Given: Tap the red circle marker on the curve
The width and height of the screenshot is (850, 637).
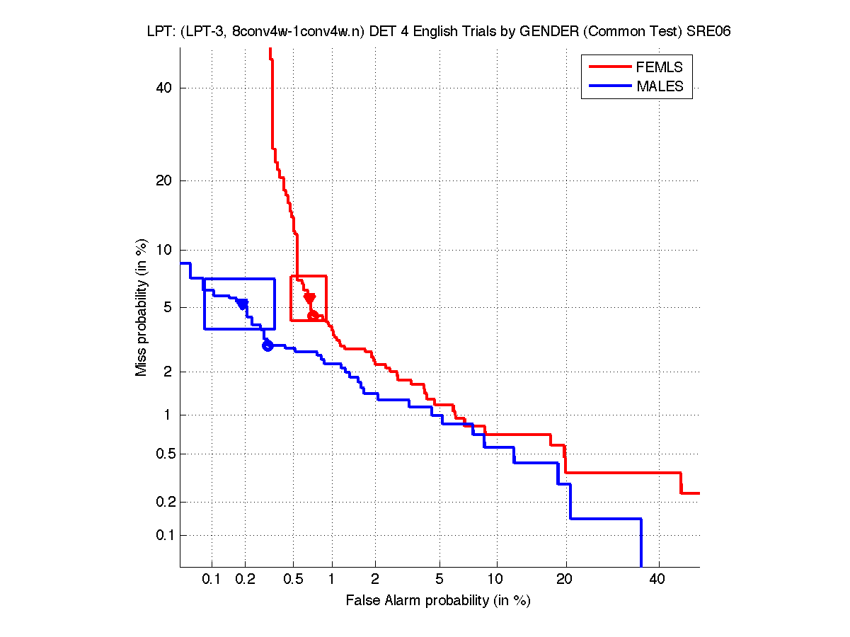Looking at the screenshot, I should point(313,315).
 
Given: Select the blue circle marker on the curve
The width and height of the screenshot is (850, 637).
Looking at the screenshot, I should point(268,345).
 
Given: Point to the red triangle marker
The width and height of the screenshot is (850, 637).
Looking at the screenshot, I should point(309,298).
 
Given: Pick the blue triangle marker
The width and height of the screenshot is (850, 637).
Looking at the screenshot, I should point(243,304).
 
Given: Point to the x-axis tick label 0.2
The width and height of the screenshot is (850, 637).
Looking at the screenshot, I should point(246,580).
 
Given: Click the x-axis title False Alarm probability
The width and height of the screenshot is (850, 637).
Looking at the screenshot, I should point(438,601).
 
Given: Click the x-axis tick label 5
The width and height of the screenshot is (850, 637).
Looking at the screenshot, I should point(440,580).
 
